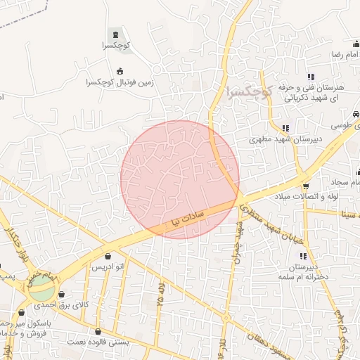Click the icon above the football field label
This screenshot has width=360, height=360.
point(120,71)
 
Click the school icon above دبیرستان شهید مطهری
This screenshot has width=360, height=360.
point(285,128)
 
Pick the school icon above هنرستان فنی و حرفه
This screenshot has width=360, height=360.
point(310,77)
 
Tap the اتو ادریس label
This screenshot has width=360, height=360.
point(108,269)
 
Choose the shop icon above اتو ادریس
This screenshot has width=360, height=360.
point(108,257)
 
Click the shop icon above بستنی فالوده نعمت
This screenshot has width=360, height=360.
point(97,330)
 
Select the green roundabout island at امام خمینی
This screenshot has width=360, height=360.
point(41,287)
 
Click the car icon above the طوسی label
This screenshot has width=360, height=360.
point(356,113)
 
